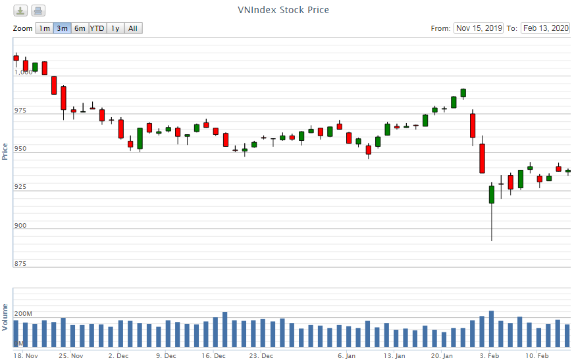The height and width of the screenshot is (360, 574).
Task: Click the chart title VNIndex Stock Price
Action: pos(283,10)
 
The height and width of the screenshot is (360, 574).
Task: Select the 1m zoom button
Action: pos(44,28)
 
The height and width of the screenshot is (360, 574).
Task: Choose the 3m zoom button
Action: pos(62,28)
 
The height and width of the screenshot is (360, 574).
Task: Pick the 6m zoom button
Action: pos(80,28)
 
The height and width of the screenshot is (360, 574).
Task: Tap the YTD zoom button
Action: pos(97,28)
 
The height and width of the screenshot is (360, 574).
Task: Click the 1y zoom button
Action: pos(115,28)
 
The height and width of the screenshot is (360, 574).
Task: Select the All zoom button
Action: pos(133,28)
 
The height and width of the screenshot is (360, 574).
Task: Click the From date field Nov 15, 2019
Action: pos(479,28)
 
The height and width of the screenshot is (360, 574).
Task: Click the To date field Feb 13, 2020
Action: pos(545,28)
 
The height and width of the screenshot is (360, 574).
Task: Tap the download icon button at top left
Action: pos(21,11)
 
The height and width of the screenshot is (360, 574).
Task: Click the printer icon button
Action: pos(38,11)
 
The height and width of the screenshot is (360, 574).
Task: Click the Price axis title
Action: pos(5,151)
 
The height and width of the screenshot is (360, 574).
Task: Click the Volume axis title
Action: pos(5,317)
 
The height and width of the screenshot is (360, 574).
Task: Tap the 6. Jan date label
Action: pos(346,356)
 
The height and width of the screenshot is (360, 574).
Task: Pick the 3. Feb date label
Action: pos(490,356)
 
